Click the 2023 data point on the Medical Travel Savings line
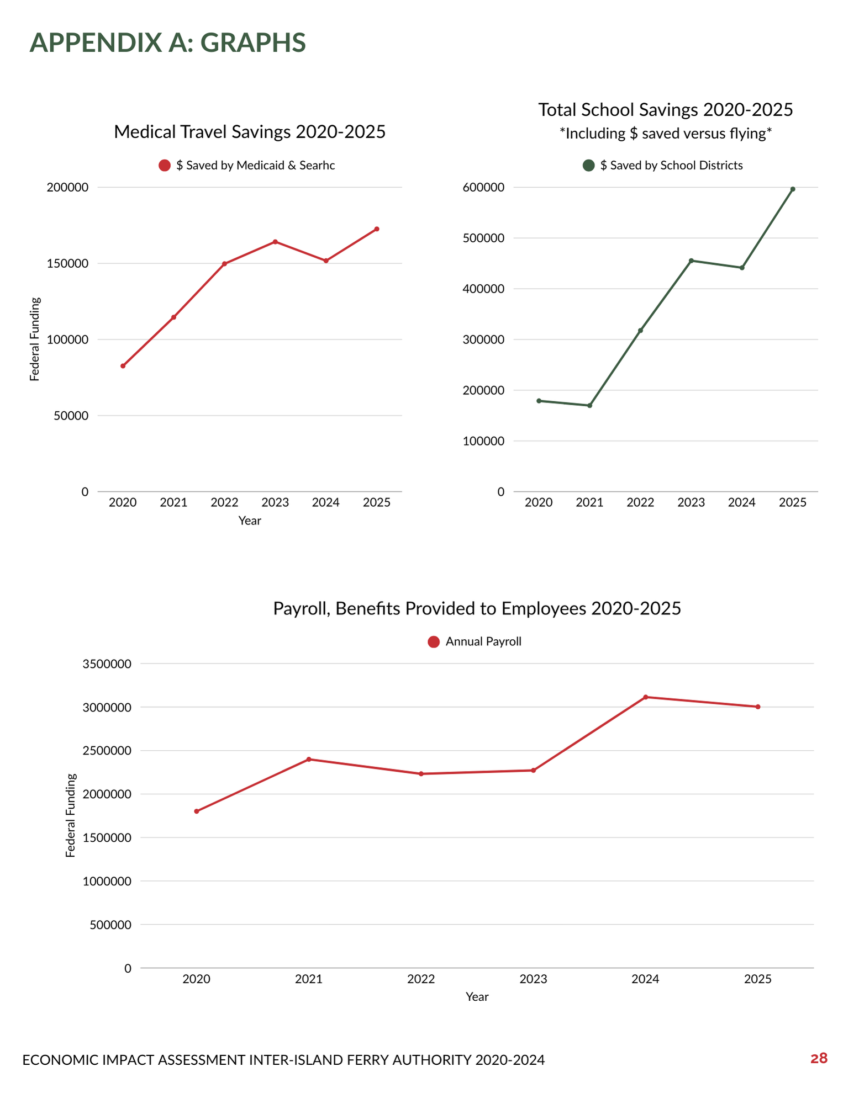coord(275,242)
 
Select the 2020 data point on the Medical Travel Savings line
coord(123,366)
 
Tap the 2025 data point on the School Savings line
coord(793,189)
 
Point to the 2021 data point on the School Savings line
coord(589,406)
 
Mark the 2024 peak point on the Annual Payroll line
coord(645,697)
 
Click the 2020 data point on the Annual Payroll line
coord(197,811)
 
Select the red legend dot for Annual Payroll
coord(434,642)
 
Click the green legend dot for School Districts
coord(589,166)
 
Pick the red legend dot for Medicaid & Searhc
coord(165,166)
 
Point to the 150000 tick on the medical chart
coord(67,264)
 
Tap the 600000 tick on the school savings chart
coord(483,188)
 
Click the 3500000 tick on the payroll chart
coord(107,664)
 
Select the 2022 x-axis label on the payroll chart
coord(421,979)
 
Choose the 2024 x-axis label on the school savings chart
coord(741,503)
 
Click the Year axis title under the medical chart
coord(250,521)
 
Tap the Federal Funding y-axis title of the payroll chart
coord(70,815)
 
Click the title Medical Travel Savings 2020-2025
coord(250,132)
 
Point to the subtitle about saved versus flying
coord(665,134)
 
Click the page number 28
coord(819,1058)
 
